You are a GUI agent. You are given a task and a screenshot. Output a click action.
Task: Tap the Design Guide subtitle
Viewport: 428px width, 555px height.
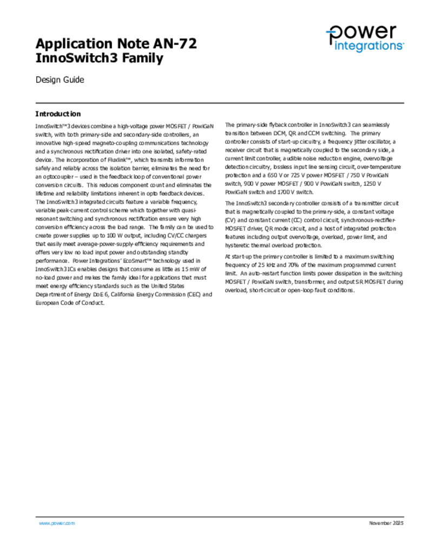60,80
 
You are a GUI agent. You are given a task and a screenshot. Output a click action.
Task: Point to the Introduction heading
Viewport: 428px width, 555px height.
58,114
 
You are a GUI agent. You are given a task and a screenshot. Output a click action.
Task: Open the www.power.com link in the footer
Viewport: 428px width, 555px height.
56,523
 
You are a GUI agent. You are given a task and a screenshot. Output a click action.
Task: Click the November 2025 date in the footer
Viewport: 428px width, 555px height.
386,523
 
